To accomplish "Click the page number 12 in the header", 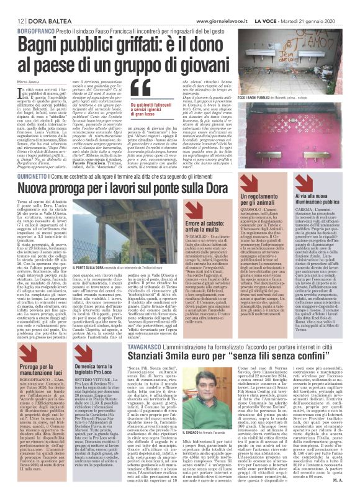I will pos(12,22).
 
